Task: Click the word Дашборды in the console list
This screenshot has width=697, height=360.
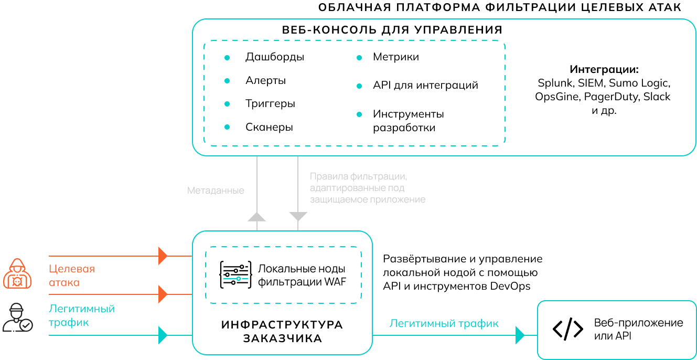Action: (274, 57)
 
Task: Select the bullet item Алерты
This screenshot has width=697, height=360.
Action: (265, 81)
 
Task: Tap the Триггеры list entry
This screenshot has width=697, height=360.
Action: (270, 104)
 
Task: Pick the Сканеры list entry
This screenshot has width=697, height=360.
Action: (269, 128)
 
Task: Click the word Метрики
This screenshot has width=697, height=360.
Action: (395, 57)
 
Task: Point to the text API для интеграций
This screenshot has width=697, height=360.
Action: (425, 85)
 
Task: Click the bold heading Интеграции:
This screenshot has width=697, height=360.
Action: (604, 69)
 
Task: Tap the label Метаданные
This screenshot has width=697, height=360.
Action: (216, 191)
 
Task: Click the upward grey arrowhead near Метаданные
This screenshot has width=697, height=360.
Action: (256, 217)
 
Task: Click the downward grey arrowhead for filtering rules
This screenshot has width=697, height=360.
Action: (298, 216)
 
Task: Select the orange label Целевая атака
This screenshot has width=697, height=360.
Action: (72, 276)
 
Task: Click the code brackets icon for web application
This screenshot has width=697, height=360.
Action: (567, 329)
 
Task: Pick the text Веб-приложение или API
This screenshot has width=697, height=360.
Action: (638, 329)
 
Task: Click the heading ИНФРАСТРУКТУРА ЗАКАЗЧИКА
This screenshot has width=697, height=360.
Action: (282, 332)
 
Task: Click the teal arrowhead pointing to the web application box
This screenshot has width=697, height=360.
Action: (520, 335)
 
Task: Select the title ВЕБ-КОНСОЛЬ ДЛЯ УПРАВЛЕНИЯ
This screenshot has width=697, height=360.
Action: (392, 30)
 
